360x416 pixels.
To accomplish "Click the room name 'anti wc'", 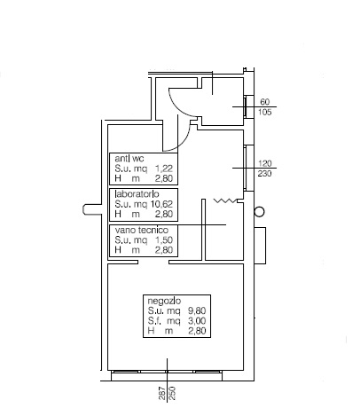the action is click(129, 159).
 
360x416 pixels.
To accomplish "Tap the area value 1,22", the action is click(164, 169).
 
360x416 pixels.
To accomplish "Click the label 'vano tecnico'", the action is click(142, 230).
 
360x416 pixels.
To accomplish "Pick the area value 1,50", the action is click(164, 239).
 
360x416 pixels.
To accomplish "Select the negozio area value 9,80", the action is click(197, 310).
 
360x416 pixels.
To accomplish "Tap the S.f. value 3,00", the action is click(197, 321).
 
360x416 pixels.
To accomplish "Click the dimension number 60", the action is click(265, 102).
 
